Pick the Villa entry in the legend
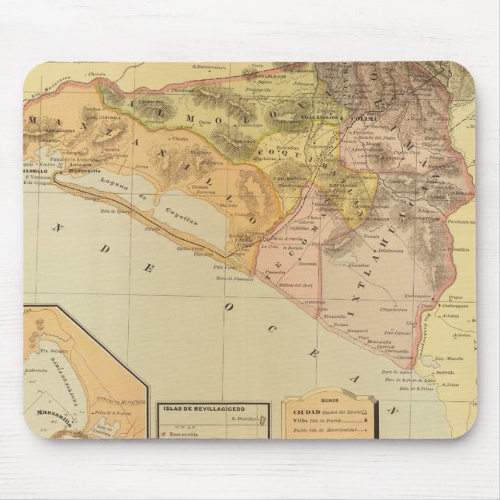coord(304,416)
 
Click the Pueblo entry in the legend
coord(307,427)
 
